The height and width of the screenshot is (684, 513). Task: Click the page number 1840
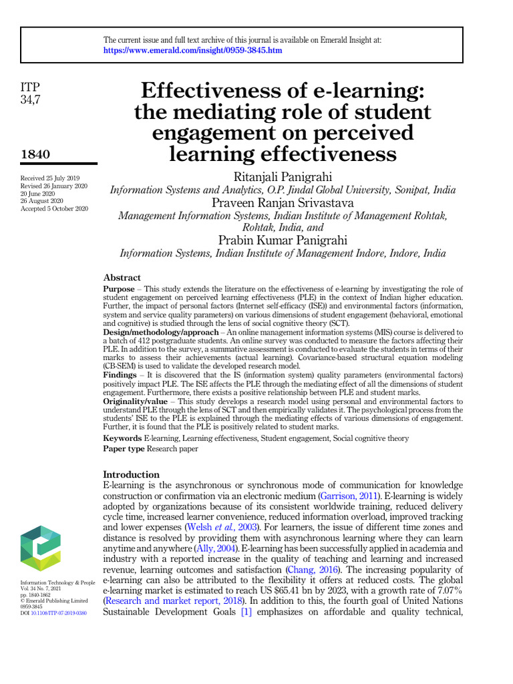click(x=36, y=154)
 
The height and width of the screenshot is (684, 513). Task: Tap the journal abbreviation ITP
click(x=31, y=88)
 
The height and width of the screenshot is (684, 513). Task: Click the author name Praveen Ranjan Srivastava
click(x=283, y=203)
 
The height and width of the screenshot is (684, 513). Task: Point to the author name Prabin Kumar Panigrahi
click(x=283, y=240)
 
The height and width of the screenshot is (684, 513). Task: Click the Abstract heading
click(x=122, y=277)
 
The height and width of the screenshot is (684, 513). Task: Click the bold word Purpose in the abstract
click(x=119, y=289)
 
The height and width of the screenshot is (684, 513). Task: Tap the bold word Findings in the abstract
click(x=120, y=376)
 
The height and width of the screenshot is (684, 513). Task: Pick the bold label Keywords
click(x=122, y=438)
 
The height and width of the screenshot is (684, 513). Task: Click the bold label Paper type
click(x=125, y=449)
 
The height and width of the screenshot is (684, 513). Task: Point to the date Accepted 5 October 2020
click(x=55, y=208)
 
